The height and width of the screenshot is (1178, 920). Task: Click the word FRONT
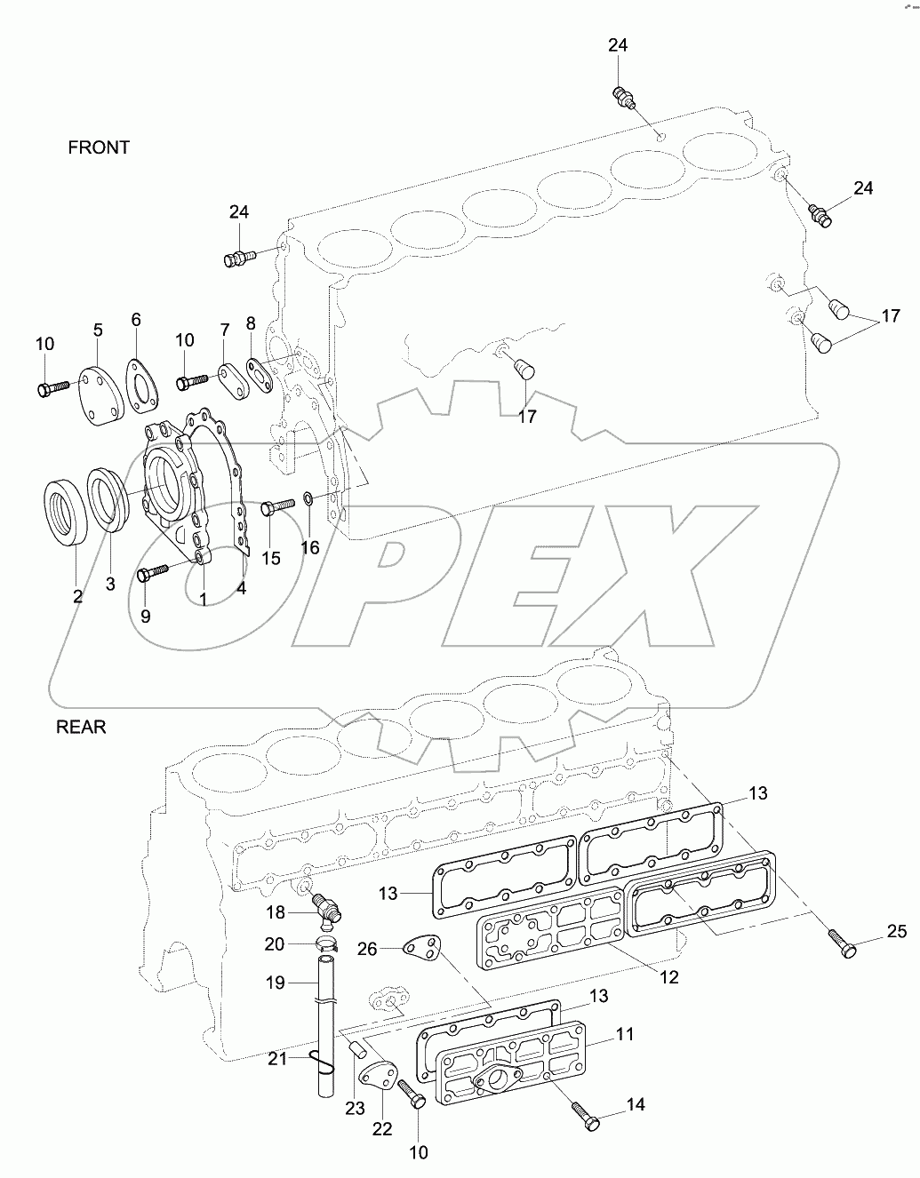[x=99, y=147]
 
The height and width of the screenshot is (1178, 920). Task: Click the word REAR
[x=81, y=727]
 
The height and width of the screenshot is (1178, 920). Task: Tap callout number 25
[x=896, y=931]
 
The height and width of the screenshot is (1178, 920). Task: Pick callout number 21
[x=279, y=1058]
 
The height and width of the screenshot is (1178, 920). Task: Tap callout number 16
[x=309, y=547]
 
